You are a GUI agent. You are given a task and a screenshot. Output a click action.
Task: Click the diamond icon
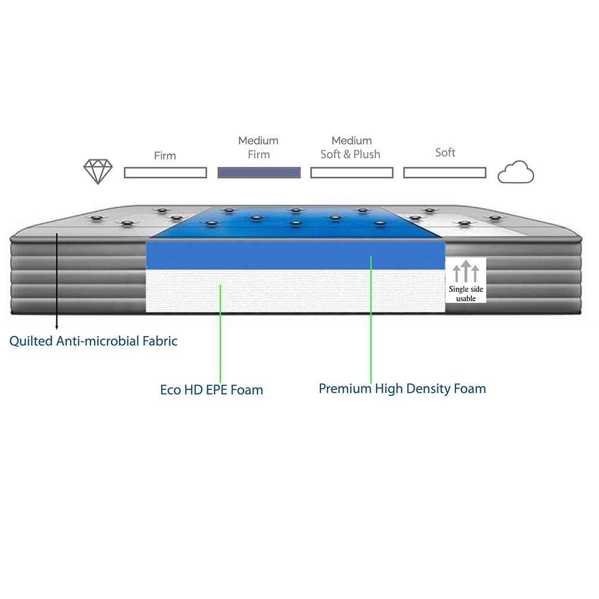tap(98, 172)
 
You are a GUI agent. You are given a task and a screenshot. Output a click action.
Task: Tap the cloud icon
tap(516, 173)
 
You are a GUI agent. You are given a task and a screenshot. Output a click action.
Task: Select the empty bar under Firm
tap(165, 173)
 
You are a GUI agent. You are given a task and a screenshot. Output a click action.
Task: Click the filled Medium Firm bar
tap(259, 173)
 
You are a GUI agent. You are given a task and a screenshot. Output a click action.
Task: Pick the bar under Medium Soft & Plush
tap(352, 173)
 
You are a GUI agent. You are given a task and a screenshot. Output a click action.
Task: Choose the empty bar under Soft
tap(444, 173)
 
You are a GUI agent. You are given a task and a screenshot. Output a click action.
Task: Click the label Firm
tap(165, 156)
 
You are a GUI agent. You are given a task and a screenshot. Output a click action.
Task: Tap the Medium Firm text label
tap(258, 147)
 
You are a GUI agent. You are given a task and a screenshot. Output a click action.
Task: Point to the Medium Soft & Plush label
tap(351, 147)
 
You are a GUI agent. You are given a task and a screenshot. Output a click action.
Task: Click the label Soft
tap(445, 153)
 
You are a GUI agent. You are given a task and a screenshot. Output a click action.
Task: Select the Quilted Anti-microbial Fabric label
tap(93, 341)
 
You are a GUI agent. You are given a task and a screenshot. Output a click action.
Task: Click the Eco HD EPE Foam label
tap(211, 390)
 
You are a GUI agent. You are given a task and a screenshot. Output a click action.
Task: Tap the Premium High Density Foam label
tap(402, 388)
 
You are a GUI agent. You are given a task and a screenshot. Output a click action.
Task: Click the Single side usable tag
tap(466, 280)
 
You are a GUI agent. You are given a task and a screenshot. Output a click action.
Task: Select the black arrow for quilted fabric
tap(57, 282)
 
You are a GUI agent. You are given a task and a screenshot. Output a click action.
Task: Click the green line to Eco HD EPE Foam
tap(220, 335)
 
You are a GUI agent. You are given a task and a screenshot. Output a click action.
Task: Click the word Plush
tap(367, 154)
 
